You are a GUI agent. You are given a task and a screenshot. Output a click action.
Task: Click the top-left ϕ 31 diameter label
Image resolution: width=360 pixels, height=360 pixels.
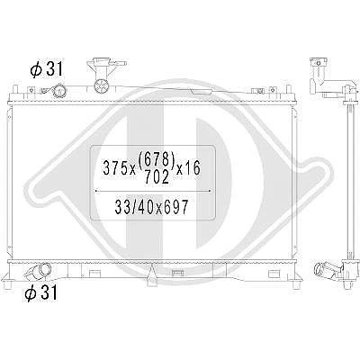tap(47, 70)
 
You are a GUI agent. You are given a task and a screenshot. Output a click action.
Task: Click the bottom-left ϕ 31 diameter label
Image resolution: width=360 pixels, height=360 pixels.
tap(40, 292)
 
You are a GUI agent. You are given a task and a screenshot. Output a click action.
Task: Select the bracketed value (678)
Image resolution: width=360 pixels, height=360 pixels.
tap(157, 159)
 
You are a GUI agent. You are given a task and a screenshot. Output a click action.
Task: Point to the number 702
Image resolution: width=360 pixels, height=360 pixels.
tap(157, 176)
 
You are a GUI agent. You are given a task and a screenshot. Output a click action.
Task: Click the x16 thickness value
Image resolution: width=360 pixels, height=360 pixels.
tap(188, 167)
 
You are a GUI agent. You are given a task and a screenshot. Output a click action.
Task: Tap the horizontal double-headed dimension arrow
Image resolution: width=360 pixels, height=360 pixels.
tap(153, 191)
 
